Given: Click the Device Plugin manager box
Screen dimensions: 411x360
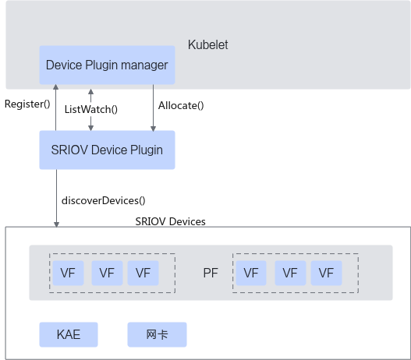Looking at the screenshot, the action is [107, 65].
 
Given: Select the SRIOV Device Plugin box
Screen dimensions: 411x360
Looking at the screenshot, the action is [107, 150].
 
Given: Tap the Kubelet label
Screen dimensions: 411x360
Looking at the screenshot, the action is [208, 44].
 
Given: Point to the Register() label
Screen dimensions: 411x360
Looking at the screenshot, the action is [27, 104].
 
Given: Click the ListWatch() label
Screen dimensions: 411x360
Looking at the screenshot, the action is [91, 109].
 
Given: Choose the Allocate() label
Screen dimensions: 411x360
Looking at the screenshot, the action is [181, 105].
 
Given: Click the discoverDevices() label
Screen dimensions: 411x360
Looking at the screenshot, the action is [103, 200].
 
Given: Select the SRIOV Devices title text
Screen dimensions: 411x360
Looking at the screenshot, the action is [170, 221].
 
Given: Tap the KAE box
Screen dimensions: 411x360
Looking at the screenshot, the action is [69, 334].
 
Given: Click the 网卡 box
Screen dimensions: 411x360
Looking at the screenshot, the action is [157, 334].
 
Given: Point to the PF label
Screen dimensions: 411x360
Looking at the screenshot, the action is [211, 273].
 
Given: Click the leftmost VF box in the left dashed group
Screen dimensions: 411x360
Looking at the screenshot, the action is [68, 273].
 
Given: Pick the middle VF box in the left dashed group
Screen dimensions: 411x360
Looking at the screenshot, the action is [107, 273].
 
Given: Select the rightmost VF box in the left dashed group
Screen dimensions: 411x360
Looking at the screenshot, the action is [143, 273].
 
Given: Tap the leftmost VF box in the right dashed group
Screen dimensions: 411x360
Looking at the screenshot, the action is [251, 273].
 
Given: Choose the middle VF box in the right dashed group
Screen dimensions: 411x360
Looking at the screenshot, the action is [290, 273].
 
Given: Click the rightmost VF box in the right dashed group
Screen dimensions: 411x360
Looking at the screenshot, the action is [326, 273].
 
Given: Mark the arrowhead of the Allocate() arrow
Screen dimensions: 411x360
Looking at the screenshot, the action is [154, 129].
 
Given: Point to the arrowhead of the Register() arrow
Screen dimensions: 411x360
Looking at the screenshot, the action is [55, 87].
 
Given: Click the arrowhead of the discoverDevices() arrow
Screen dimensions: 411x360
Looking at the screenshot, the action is [56, 224].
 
